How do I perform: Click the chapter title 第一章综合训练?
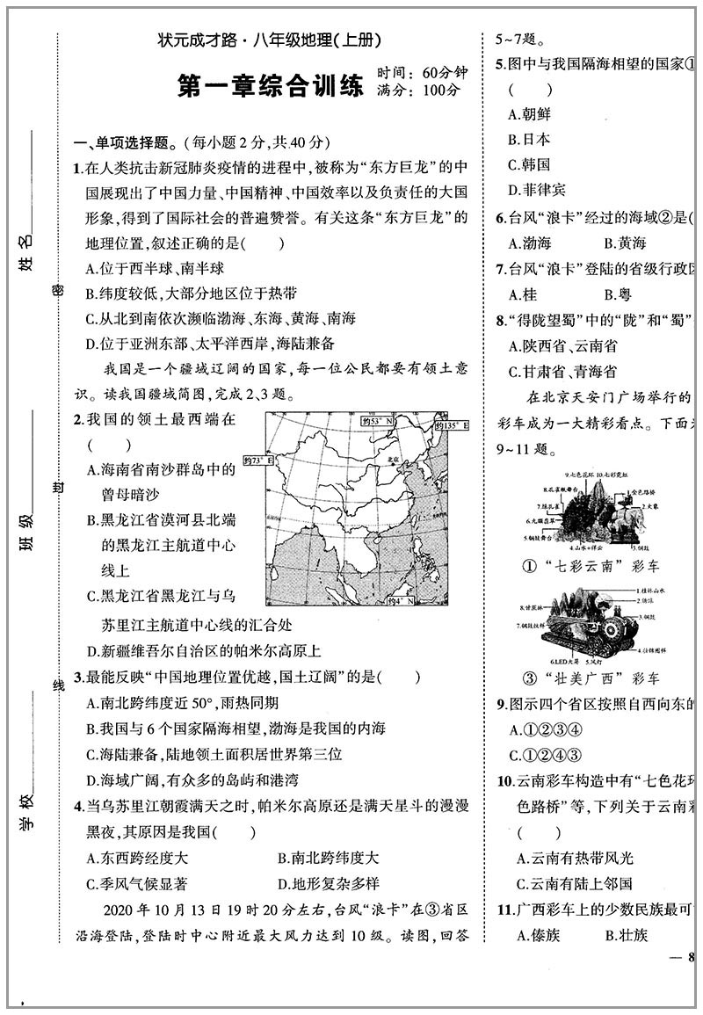[270, 86]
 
